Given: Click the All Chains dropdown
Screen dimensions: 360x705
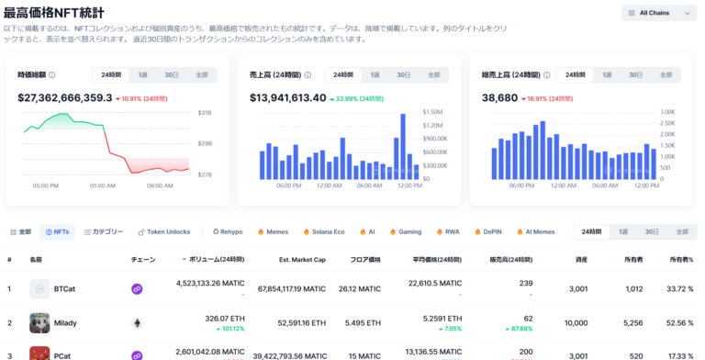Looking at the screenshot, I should point(659,13).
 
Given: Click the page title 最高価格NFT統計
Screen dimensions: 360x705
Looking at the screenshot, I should point(67,14).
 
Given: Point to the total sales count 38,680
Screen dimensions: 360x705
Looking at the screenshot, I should point(500,97).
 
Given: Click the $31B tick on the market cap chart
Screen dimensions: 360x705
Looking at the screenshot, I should point(204,113).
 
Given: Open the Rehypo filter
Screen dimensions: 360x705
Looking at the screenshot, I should point(227,232).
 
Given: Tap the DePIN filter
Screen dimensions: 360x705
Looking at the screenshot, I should point(492,232).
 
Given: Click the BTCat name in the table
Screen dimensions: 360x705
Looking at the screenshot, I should point(64,289).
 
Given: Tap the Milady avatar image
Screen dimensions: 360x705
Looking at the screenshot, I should point(39,323).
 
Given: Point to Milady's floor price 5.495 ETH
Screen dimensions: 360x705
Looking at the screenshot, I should point(360,323).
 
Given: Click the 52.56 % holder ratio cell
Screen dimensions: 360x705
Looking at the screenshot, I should point(677,323).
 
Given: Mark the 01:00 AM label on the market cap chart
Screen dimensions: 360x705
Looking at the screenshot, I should point(102,186).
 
